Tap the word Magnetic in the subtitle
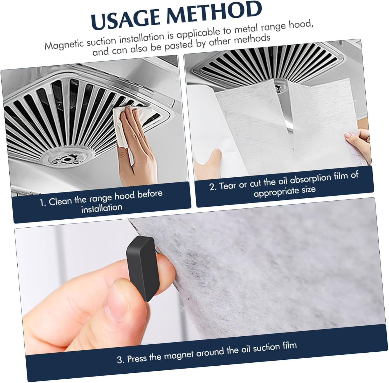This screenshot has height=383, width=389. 63,44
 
